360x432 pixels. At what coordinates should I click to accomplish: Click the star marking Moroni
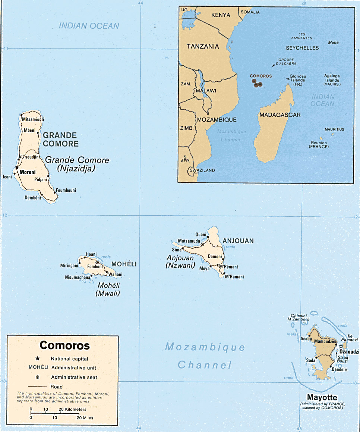coord(16,168)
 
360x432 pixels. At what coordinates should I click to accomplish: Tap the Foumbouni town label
coord(66,190)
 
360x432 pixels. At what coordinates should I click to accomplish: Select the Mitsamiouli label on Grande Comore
coord(34,119)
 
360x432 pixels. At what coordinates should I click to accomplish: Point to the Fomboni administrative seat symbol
coord(97,262)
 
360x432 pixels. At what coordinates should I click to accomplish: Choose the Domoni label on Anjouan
coord(215,257)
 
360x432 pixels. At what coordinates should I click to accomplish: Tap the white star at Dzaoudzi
coord(340,347)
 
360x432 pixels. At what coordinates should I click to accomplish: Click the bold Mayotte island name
coord(322,398)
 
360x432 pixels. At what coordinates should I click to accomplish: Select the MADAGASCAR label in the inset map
coord(280,115)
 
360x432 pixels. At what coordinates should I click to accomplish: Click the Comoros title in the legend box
coord(65,345)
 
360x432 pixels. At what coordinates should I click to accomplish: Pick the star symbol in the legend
coord(38,359)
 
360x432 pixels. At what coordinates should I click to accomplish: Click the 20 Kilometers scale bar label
coord(70,409)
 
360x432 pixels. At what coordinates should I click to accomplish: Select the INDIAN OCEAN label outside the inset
coord(89,26)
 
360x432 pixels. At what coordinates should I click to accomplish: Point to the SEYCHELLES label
coord(302,48)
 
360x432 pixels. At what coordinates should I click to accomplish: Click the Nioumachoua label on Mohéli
coord(78,277)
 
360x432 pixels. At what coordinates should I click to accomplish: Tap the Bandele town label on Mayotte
coord(339,370)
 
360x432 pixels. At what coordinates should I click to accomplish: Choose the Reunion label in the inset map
coord(319,143)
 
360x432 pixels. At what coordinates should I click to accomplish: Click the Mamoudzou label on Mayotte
coord(325,341)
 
